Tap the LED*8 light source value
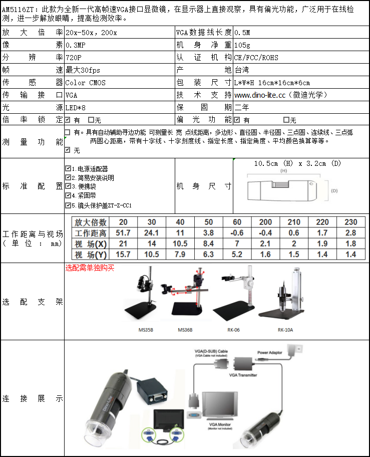coord(76,108)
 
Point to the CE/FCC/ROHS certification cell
coord(256,58)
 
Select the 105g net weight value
coord(242,45)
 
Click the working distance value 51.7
coord(123,233)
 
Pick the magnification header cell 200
coord(265,222)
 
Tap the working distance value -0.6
coord(237,233)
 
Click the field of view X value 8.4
coord(208,244)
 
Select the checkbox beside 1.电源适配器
coord(68,169)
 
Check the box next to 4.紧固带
coord(68,196)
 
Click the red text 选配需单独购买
coord(90,268)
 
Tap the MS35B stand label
coord(146,330)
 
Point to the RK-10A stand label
coord(285,330)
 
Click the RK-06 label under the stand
coord(234,330)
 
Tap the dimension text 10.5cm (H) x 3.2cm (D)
coord(297,164)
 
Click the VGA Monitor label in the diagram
coord(220,424)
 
